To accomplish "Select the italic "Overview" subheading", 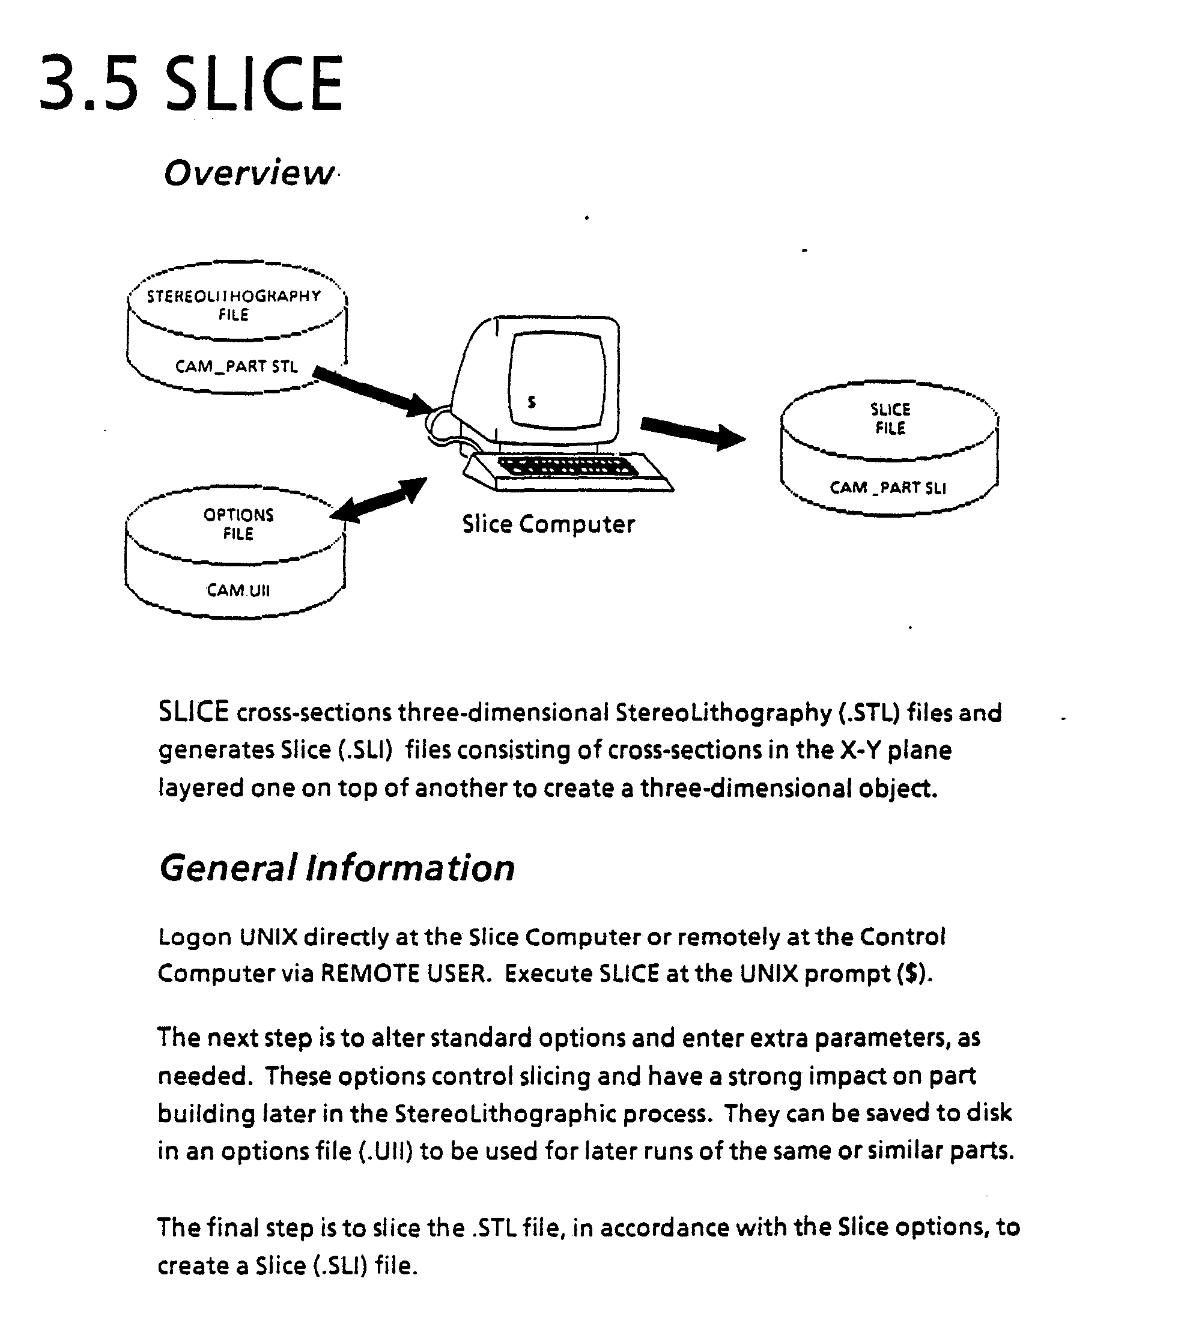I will pos(249,174).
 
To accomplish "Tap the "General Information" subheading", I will pos(336,868).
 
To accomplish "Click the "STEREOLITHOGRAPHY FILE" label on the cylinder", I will pos(234,305).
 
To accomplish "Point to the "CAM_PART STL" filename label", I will pos(235,366).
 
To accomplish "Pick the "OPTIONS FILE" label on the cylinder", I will pos(238,524).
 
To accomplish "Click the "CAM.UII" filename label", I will pos(238,590).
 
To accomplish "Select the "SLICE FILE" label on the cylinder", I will pos(890,419).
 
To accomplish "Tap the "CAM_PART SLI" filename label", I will pos(888,488).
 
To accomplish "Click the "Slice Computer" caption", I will pos(548,524).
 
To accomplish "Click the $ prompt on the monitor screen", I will pos(532,402).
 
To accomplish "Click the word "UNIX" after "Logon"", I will pos(268,937).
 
